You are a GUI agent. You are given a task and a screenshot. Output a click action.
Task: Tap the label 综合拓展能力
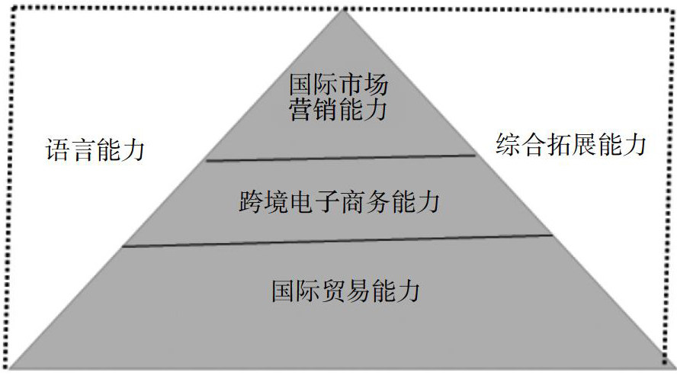(x=571, y=144)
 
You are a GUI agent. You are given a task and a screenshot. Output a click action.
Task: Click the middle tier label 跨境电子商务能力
(x=338, y=204)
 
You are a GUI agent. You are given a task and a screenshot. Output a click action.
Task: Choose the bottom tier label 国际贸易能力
(x=345, y=291)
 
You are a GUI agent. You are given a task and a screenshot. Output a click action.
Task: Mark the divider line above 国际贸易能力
(x=338, y=241)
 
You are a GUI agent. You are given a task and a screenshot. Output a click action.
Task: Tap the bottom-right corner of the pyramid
(x=671, y=368)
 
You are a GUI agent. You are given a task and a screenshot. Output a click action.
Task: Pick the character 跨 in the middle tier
(x=251, y=204)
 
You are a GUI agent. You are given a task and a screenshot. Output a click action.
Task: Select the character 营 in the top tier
(x=301, y=111)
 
